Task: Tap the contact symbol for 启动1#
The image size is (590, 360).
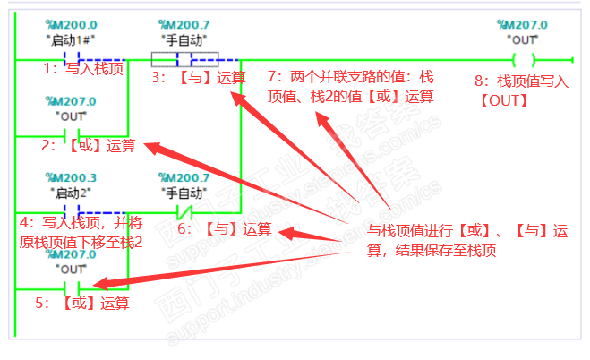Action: point(71,60)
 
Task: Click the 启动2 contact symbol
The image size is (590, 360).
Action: point(71,213)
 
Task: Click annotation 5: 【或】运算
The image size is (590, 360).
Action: point(82,304)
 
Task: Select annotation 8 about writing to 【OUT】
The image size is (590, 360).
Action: point(521,90)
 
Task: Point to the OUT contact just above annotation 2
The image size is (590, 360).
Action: point(71,135)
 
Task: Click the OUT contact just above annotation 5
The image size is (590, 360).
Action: point(71,287)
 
